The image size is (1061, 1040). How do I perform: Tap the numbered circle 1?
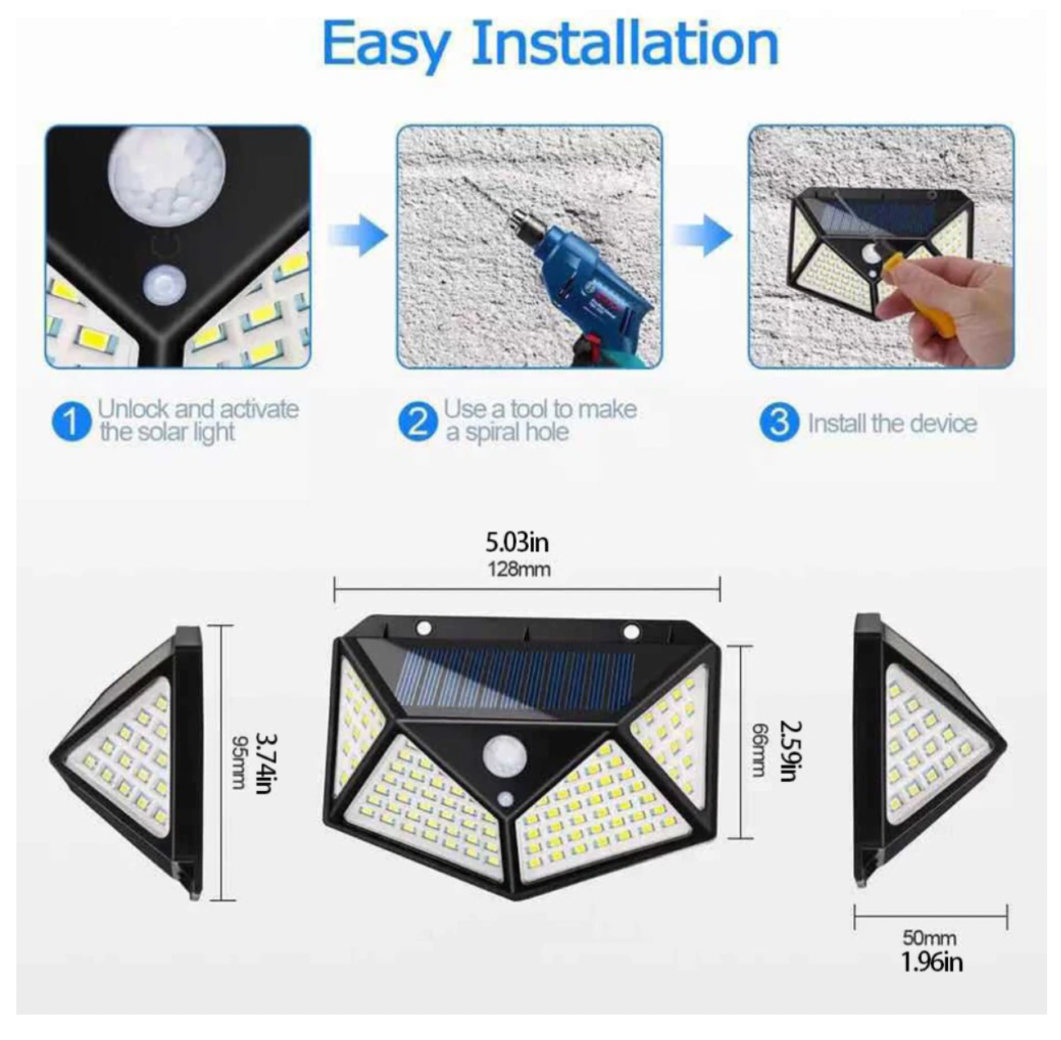pos(71,422)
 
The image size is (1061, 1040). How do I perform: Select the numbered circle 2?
pos(418,422)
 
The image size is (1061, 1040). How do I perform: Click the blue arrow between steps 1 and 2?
pos(358,236)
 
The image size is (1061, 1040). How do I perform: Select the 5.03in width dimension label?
pos(517,543)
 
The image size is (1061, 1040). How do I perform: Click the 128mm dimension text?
pos(519,569)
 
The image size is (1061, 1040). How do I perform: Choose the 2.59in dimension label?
pos(789,752)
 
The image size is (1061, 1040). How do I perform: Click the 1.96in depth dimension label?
pos(932,961)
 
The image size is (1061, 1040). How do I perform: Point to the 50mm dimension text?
pos(930,937)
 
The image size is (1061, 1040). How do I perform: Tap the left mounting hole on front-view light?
pos(424,627)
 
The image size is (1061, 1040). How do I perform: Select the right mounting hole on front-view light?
pos(631,629)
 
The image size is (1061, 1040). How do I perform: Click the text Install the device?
pos(892,423)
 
